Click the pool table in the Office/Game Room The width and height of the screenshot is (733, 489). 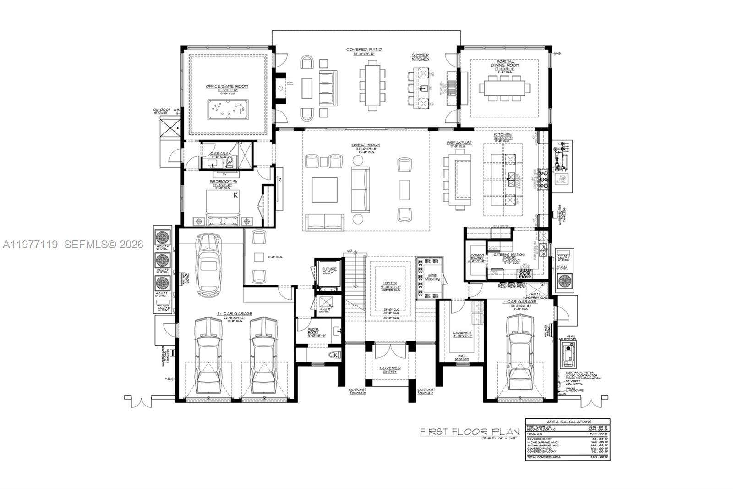tap(228, 109)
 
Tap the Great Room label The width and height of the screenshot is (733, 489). tap(366, 145)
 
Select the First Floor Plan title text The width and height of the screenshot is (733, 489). tap(470, 431)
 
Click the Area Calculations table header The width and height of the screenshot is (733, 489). tap(568, 422)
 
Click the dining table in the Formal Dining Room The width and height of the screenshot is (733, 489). tap(504, 88)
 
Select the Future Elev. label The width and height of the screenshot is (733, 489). tap(329, 271)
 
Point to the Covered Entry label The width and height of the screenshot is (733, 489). tap(390, 370)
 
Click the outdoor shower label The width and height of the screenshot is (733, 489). tap(162, 111)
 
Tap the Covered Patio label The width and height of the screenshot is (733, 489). tap(364, 49)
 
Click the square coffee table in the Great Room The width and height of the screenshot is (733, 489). tap(324, 189)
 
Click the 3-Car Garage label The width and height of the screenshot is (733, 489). tap(235, 314)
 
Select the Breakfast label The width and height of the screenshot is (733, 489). tap(459, 143)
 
